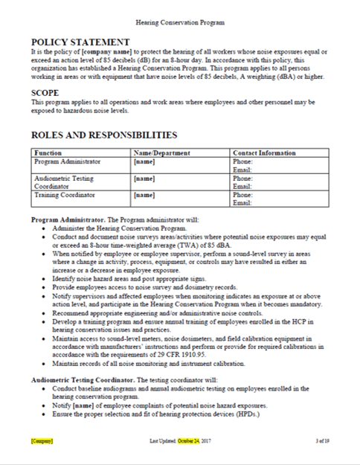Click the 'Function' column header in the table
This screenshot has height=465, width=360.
[48, 153]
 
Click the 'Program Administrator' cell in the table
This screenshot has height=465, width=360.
[65, 161]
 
